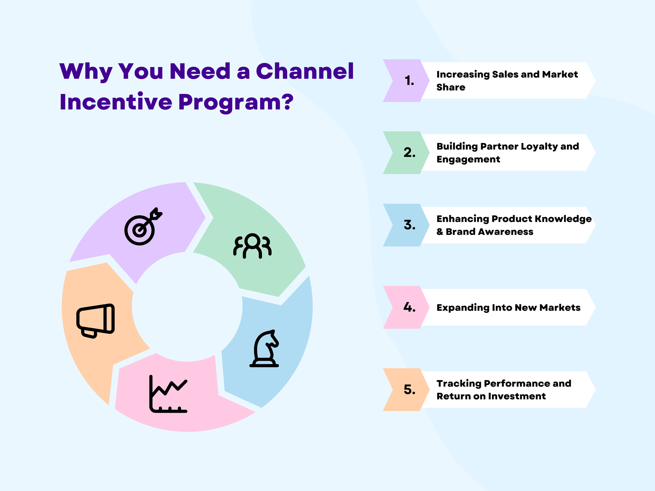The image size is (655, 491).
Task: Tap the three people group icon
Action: pos(252,246)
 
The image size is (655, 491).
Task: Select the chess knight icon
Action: pos(265,349)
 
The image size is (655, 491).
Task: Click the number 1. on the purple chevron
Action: pos(409,81)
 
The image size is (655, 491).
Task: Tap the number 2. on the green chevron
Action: pos(409,153)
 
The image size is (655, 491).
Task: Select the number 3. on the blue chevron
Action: pos(409,225)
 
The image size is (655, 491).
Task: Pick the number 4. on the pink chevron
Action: pos(409,307)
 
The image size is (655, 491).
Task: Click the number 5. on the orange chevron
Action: pos(409,390)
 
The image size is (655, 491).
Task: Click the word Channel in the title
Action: pos(305,71)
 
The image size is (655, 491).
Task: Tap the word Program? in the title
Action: pos(236,102)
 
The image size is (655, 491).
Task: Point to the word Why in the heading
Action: pos(86,72)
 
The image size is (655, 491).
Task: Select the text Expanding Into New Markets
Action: pos(508,308)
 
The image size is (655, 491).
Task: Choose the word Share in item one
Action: pos(451,87)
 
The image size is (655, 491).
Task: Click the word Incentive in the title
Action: pos(116,102)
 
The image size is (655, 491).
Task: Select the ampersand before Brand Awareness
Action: pos(440,232)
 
